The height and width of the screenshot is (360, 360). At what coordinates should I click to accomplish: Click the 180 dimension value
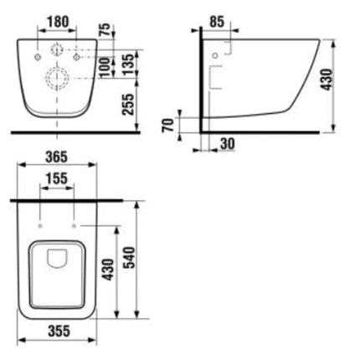[58, 22]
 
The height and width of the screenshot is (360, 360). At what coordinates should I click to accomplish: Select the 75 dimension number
[105, 30]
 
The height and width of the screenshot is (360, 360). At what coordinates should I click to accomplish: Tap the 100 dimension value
[105, 68]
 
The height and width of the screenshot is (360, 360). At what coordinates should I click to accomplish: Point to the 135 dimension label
[129, 64]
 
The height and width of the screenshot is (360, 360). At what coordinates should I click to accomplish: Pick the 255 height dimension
[128, 105]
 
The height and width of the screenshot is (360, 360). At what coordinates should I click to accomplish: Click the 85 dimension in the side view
[217, 22]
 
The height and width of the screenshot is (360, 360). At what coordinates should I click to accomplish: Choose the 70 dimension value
[168, 125]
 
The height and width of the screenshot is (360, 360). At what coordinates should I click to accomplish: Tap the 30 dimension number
[228, 144]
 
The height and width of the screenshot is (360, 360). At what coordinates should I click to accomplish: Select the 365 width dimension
[57, 157]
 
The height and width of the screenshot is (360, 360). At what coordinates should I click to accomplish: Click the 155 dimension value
[57, 178]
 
